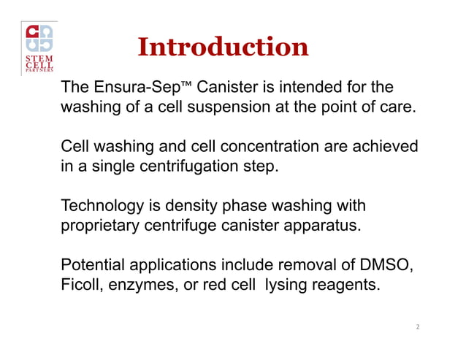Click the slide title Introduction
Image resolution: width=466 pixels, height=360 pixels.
(x=223, y=47)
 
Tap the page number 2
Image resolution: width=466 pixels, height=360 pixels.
(x=416, y=326)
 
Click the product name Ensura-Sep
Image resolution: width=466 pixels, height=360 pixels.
(x=130, y=88)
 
